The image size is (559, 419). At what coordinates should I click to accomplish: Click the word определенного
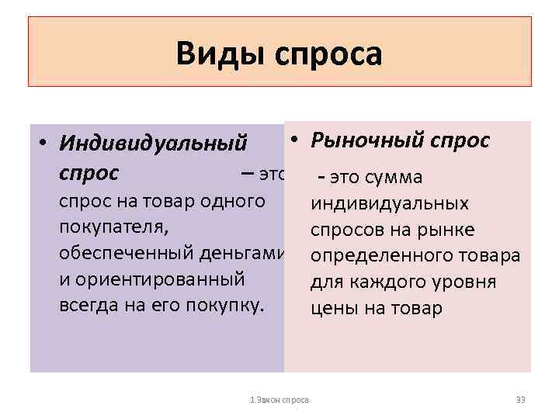pyautogui.click(x=371, y=256)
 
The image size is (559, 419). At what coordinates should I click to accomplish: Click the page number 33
pyautogui.click(x=521, y=400)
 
